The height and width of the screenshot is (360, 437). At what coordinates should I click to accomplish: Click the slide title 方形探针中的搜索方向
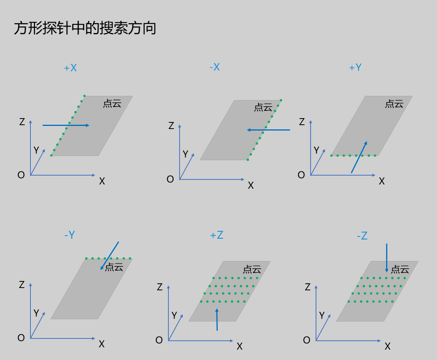[x=85, y=28]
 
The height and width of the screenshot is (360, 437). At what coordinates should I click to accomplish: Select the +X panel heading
[x=70, y=68]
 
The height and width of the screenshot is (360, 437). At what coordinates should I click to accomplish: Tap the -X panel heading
[x=215, y=67]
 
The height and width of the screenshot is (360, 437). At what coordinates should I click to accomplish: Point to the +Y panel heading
[x=355, y=67]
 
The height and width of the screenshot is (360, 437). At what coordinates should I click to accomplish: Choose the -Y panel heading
[x=69, y=235]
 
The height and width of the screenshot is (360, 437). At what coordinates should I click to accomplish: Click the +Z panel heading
[x=217, y=235]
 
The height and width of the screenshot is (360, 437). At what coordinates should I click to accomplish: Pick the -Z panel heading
[x=362, y=236]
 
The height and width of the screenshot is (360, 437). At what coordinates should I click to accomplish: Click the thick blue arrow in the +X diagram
[x=66, y=125]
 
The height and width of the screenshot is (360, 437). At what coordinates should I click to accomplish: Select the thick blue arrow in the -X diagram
[x=268, y=130]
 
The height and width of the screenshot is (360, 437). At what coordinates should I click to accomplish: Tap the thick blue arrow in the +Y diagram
[x=359, y=157]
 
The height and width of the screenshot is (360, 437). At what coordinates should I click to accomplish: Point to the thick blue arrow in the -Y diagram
[x=109, y=256]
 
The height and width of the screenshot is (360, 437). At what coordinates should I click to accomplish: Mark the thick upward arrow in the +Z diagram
[x=217, y=319]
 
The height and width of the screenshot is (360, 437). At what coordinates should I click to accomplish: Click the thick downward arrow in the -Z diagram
[x=387, y=258]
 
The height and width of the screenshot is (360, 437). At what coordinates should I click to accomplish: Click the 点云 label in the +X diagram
[x=112, y=103]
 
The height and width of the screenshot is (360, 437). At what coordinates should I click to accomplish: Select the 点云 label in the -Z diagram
[x=400, y=269]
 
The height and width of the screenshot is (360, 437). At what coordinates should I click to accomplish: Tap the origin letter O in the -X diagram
[x=170, y=179]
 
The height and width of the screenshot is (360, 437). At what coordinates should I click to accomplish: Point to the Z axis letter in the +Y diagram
[x=302, y=122]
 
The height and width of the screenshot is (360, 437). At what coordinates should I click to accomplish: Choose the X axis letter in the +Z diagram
[x=239, y=346]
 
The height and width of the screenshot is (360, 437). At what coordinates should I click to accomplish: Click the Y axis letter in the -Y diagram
[x=36, y=313]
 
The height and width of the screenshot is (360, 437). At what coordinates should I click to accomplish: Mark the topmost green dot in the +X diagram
[x=84, y=96]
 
